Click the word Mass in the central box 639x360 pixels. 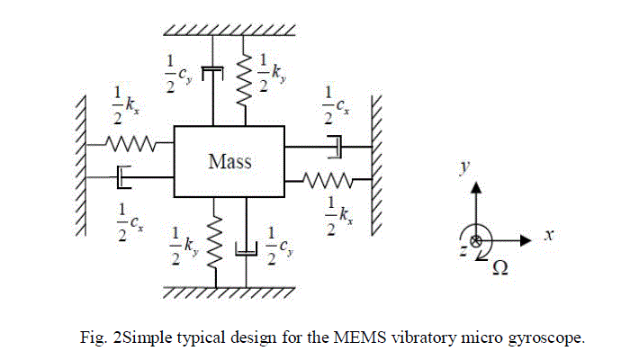pyautogui.click(x=230, y=162)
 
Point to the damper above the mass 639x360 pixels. pyautogui.click(x=212, y=71)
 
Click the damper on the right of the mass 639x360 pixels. pyautogui.click(x=335, y=144)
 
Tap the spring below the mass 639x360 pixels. pyautogui.click(x=214, y=246)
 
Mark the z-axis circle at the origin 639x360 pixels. pyautogui.click(x=476, y=240)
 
